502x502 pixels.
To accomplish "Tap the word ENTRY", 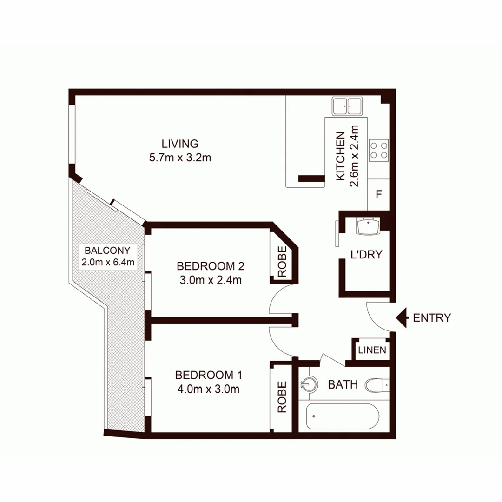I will click(x=432, y=318).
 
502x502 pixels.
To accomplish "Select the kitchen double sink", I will click(x=347, y=106).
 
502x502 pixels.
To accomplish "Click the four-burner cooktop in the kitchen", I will click(x=378, y=151).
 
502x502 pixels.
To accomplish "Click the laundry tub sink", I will click(x=368, y=226).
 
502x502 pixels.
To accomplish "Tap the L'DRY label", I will click(x=366, y=254).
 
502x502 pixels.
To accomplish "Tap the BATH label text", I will click(x=343, y=385).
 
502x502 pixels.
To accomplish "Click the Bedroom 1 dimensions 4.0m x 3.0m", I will click(x=207, y=390).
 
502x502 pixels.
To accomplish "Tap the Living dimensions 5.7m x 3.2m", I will click(x=180, y=158).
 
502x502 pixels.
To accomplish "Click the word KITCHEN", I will click(x=340, y=156).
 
